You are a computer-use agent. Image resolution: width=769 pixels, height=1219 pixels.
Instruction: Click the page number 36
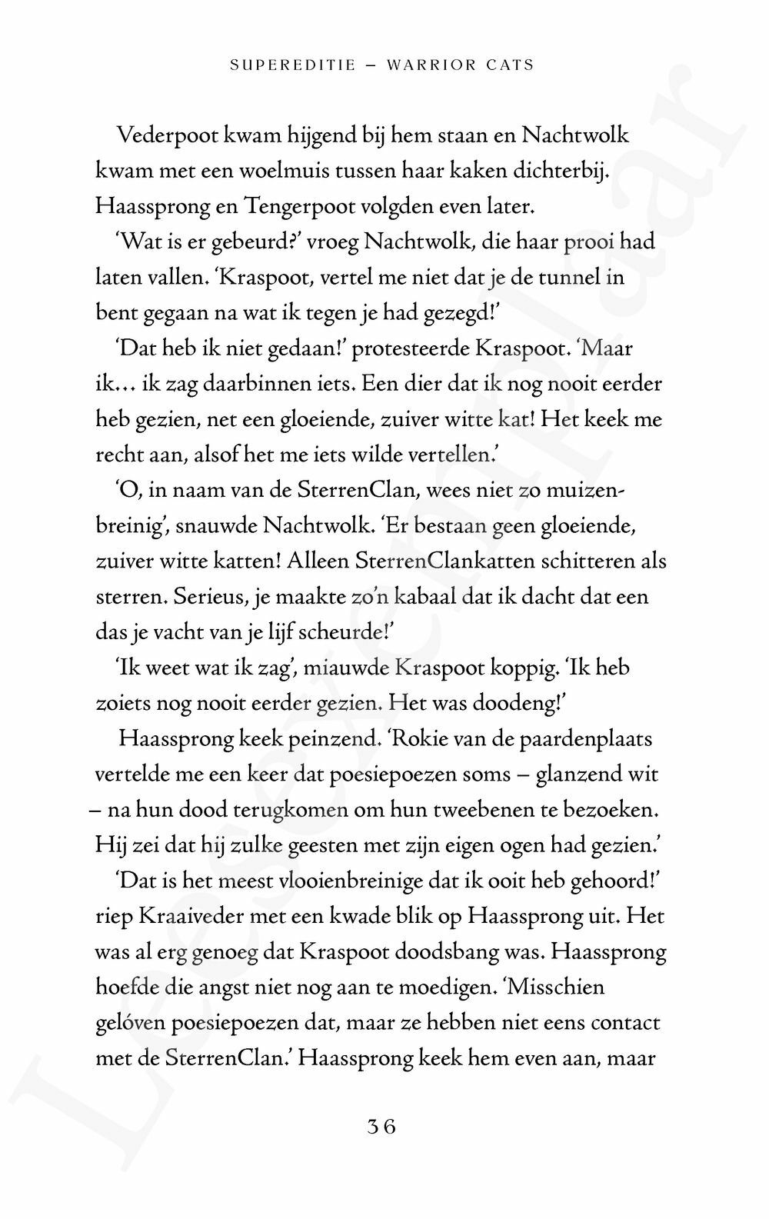click(x=381, y=1127)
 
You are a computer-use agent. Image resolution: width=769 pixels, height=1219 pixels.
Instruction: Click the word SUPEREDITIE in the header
click(x=293, y=65)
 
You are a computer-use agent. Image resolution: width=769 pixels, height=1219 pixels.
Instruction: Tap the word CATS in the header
click(x=511, y=65)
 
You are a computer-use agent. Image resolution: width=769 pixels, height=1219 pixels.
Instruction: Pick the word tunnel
click(x=567, y=278)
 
